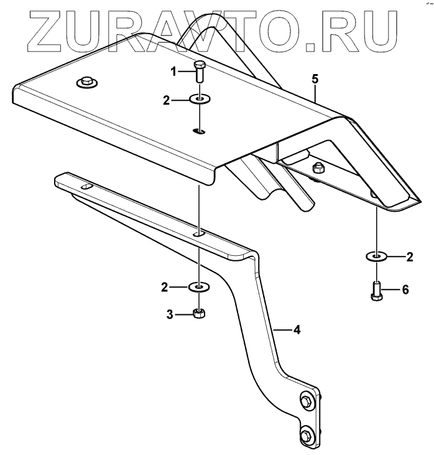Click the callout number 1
pos(174,72)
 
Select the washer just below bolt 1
pos(200,99)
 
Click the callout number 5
pos(315,80)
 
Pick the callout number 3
pos(169,314)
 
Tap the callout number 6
pos(405,289)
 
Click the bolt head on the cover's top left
pos(85,81)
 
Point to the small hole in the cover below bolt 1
pos(199,131)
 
